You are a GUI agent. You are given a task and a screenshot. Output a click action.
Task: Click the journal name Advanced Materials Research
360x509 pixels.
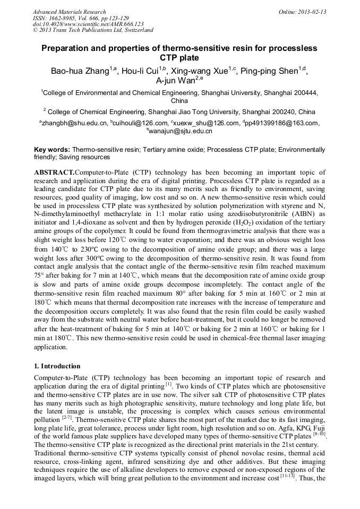click(69, 12)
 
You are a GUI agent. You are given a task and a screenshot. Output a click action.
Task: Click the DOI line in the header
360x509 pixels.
click(88, 24)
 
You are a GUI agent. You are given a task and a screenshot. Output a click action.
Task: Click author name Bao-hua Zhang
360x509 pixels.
click(79, 71)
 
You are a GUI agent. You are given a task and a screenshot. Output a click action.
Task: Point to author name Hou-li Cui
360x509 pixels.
click(143, 71)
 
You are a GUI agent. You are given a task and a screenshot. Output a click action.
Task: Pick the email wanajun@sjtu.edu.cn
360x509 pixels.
click(180, 131)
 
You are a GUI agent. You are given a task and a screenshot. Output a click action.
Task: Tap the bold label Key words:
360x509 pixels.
click(52, 150)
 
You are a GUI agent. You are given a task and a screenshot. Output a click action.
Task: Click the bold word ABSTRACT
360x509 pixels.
click(54, 173)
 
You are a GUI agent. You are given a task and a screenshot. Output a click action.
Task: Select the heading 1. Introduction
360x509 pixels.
click(57, 366)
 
